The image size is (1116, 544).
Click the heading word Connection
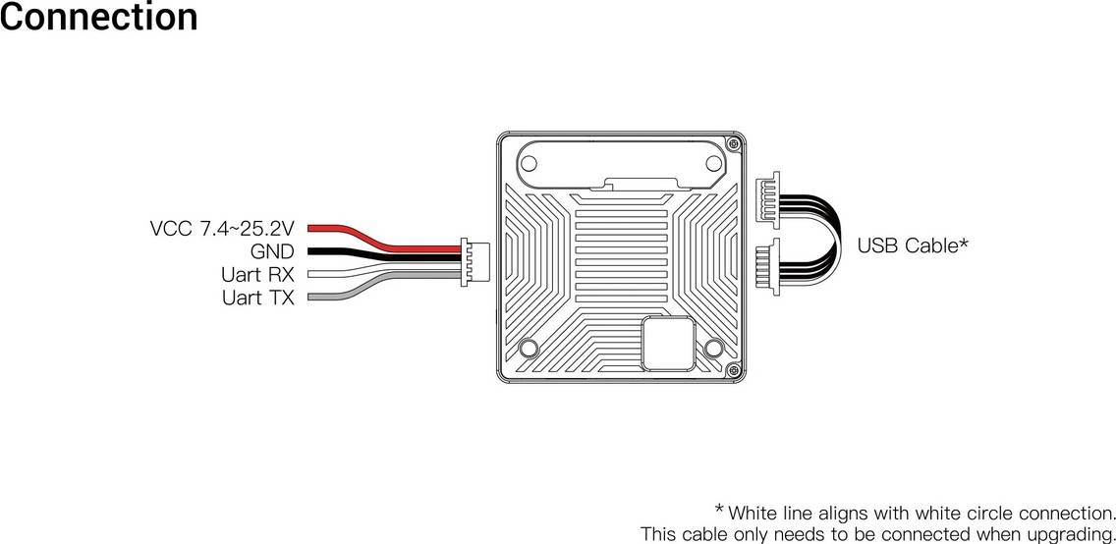coord(99,17)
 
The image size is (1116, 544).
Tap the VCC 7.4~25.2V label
coord(222,228)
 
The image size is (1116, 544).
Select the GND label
coord(272,251)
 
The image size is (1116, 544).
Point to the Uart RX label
coord(257,274)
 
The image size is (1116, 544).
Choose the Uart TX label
coord(257,298)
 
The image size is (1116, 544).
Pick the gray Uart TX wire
coord(384,285)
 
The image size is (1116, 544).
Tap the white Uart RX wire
coord(384,270)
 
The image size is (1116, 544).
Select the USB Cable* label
coord(913,246)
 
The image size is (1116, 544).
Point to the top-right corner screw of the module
coord(733,144)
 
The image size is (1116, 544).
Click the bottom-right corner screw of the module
coord(733,369)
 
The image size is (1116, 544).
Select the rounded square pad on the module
coord(668,344)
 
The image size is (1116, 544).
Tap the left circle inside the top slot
coord(529,164)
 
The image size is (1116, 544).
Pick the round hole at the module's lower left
coord(529,348)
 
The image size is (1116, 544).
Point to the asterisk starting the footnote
coord(719,510)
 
